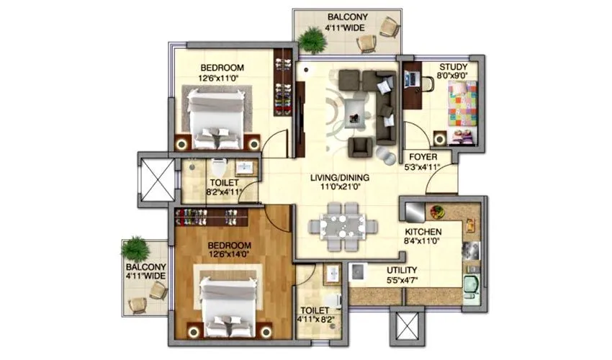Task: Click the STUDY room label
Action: pos(454,68)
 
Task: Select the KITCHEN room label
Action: pos(422,232)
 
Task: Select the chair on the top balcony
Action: pos(389,29)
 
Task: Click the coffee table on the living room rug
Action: pos(354,108)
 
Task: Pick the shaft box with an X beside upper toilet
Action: pos(156,176)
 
